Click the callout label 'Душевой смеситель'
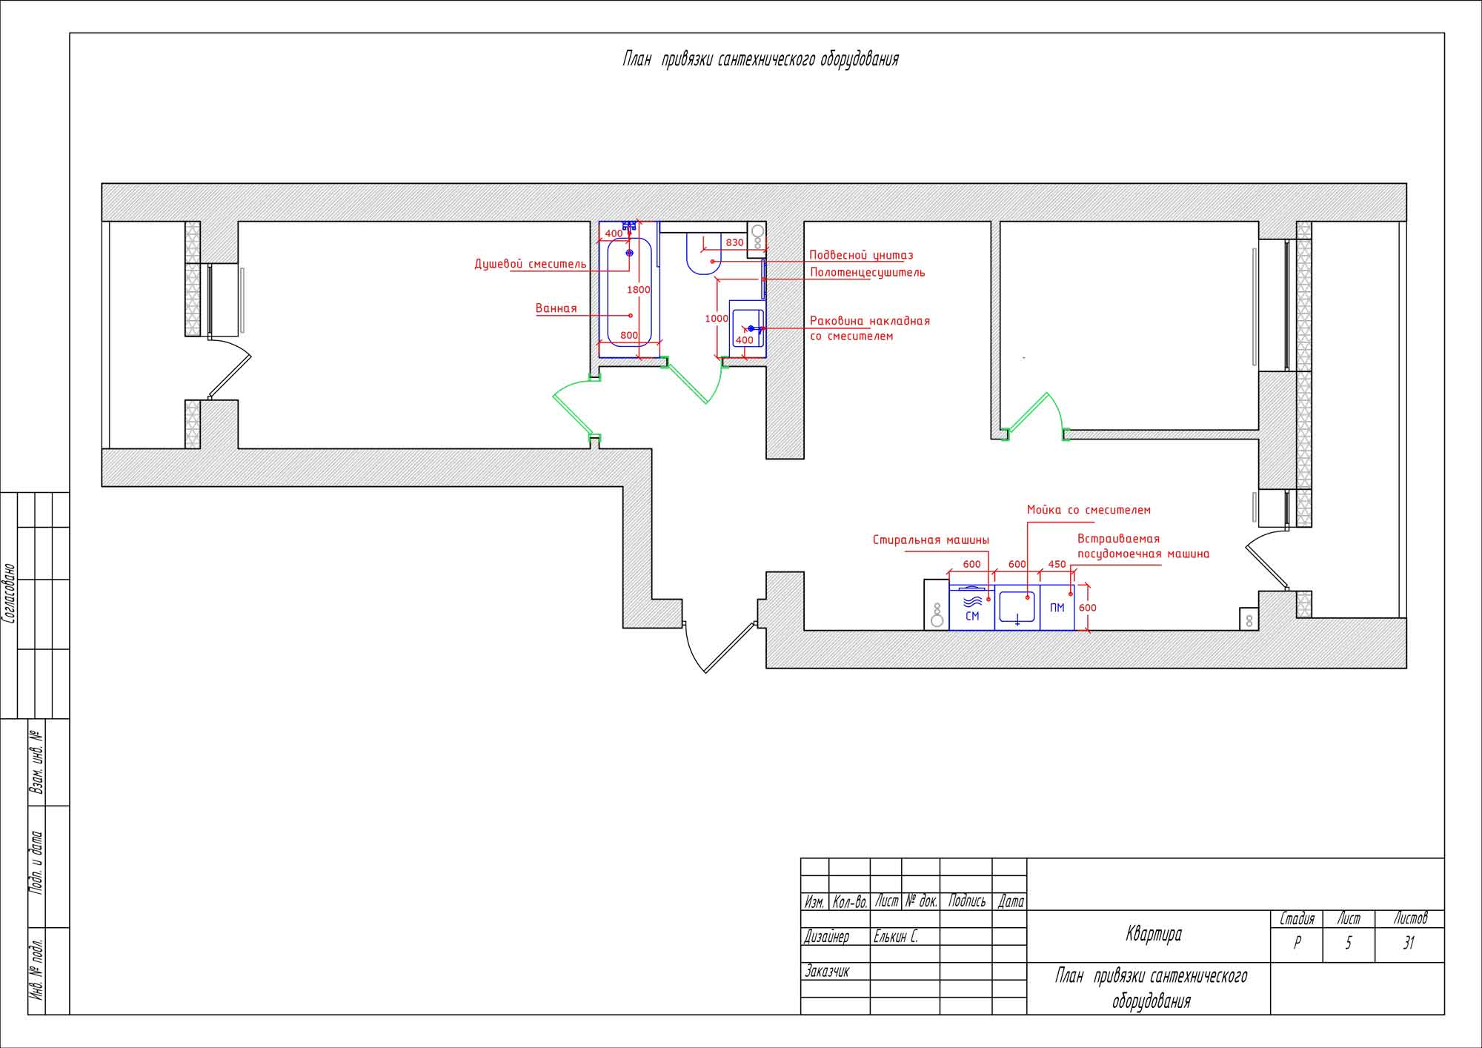pyautogui.click(x=531, y=264)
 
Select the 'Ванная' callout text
pyautogui.click(x=556, y=308)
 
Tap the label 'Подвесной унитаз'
pyautogui.click(x=861, y=255)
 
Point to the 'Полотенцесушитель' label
pyautogui.click(x=867, y=272)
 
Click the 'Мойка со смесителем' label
pyautogui.click(x=1089, y=510)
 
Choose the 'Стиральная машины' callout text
pyautogui.click(x=931, y=540)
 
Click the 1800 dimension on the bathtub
pyautogui.click(x=638, y=290)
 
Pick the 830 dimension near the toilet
pyautogui.click(x=734, y=242)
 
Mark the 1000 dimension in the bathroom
pyautogui.click(x=717, y=319)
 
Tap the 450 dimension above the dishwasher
pyautogui.click(x=1057, y=564)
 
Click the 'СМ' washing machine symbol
pyautogui.click(x=972, y=608)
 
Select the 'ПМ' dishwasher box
pyautogui.click(x=1057, y=608)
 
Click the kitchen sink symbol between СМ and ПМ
pyautogui.click(x=1017, y=608)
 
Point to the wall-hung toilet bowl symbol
pyautogui.click(x=704, y=253)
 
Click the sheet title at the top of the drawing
pyautogui.click(x=760, y=59)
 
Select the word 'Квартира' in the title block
pyautogui.click(x=1154, y=935)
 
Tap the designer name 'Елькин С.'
pyautogui.click(x=896, y=937)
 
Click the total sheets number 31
pyautogui.click(x=1409, y=943)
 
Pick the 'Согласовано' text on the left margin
pyautogui.click(x=10, y=593)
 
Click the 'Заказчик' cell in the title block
pyautogui.click(x=827, y=971)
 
